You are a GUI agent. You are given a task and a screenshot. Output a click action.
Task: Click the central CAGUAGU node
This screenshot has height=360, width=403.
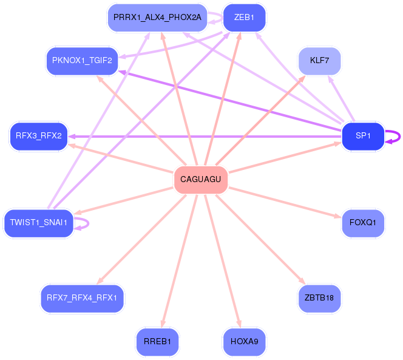[201, 179]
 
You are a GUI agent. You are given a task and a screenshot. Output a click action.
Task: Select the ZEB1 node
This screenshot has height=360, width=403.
[244, 18]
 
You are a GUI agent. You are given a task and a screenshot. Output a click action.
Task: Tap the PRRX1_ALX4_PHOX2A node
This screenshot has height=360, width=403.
[157, 18]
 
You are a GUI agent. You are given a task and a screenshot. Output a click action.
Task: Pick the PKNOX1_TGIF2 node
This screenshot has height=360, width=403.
[82, 61]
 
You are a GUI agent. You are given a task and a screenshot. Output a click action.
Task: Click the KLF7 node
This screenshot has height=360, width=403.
[319, 61]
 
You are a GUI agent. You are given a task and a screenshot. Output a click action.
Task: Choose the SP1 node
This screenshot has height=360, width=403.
[363, 136]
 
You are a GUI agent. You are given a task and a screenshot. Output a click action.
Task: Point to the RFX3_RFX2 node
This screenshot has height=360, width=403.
[39, 136]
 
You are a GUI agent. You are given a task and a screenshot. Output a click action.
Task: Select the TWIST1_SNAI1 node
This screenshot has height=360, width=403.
[39, 223]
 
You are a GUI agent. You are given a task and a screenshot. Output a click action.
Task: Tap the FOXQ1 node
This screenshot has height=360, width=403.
[363, 223]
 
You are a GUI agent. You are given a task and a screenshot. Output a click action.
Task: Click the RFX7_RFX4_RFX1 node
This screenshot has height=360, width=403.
[82, 298]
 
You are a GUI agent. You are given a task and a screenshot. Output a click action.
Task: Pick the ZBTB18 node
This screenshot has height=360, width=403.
[319, 298]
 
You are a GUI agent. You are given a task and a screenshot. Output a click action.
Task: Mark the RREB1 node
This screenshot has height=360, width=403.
[157, 342]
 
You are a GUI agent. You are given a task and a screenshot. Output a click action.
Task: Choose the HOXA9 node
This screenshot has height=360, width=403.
[244, 342]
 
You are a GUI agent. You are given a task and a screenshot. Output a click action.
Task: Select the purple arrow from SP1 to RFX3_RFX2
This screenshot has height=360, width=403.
[205, 137]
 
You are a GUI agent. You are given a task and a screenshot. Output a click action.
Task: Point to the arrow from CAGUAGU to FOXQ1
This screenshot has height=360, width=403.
[285, 203]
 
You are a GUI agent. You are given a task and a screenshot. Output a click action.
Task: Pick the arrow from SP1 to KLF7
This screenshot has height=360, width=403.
[341, 98]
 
